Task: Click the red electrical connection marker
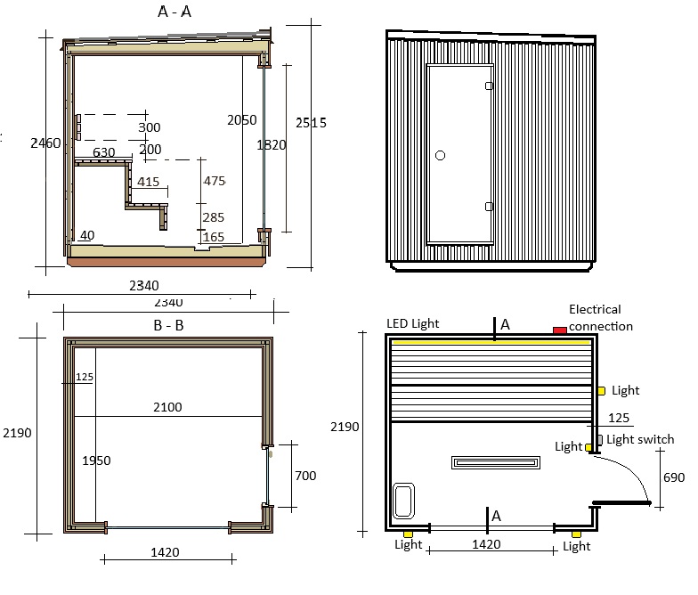tap(559, 330)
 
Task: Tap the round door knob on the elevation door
tap(440, 155)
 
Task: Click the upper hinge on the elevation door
tap(489, 86)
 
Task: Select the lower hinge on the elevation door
tap(489, 207)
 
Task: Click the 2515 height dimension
tap(311, 123)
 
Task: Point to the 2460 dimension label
tap(45, 143)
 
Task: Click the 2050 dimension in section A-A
tap(242, 119)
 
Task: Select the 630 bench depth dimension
tap(103, 152)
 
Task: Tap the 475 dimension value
tap(215, 181)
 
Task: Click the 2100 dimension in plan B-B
tap(167, 407)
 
